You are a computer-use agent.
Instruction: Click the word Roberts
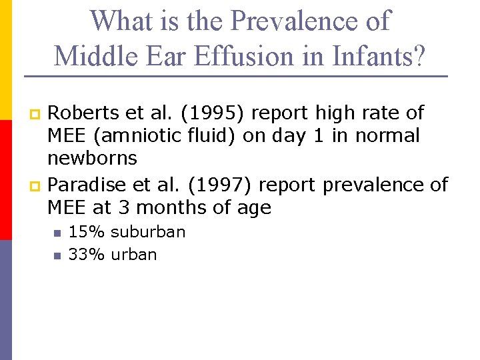point(79,113)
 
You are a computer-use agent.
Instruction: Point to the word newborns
point(92,159)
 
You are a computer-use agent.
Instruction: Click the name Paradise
point(83,184)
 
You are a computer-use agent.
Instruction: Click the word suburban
point(148,232)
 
